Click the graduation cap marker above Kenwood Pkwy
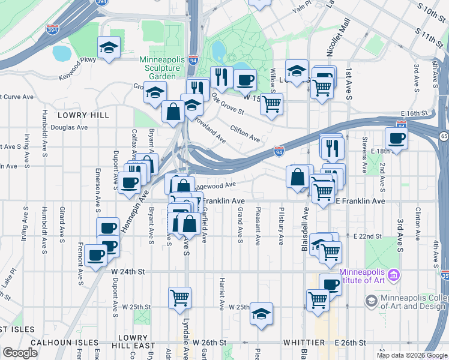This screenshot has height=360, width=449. click(109, 47)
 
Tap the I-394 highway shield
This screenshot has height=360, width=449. click(102, 2)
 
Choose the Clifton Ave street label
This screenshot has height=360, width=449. click(245, 133)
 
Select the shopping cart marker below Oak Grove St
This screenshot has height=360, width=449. click(273, 104)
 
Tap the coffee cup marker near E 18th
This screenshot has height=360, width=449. click(396, 138)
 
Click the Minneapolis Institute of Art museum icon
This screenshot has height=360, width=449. click(394, 275)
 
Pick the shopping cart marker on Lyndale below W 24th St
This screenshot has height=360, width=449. click(180, 297)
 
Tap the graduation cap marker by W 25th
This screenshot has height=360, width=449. click(261, 314)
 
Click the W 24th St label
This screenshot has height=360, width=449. click(129, 271)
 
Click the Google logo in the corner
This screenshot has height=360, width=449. click(20, 353)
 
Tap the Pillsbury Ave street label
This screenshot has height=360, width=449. click(281, 226)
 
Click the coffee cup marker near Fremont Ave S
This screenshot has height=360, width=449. click(95, 256)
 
